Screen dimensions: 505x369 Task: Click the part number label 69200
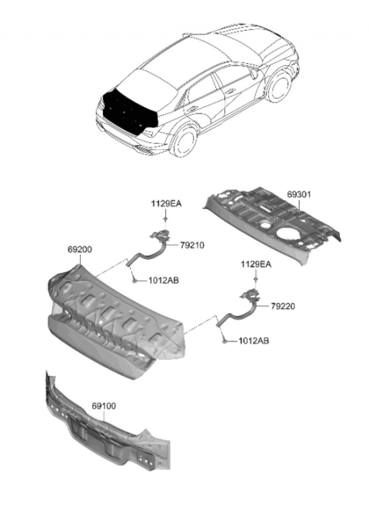(79, 249)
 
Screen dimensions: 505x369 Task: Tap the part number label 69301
(299, 195)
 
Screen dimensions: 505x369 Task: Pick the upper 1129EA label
(166, 204)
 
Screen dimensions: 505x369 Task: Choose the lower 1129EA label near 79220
(256, 265)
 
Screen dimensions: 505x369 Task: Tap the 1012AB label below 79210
(163, 280)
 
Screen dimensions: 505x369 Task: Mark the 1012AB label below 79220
(253, 340)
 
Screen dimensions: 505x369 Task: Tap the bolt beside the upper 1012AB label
(134, 280)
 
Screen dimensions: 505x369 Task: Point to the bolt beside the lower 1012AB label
(224, 340)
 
